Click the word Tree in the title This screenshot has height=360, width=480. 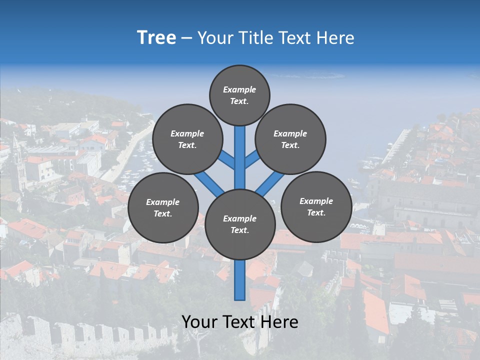coord(156,38)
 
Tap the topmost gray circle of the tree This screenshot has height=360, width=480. coord(239,95)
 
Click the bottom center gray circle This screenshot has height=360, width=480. coord(240,224)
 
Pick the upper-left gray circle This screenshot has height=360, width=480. coord(187,139)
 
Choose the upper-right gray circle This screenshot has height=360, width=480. coord(290,139)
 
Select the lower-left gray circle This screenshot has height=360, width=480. coord(163,208)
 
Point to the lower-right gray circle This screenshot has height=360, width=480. coord(316,207)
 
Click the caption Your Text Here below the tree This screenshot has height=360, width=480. coord(240,322)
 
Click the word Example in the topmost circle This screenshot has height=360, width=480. coord(239,89)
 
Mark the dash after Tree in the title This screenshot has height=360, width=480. coord(187,38)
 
